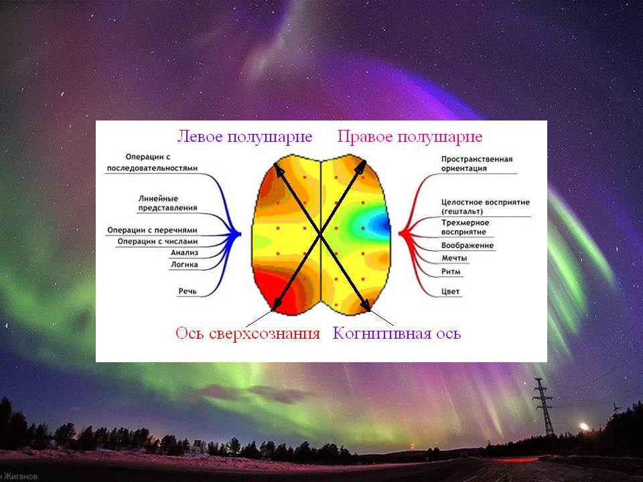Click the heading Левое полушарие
245,137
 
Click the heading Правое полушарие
410,137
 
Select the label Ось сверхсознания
247,333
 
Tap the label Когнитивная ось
397,333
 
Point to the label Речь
188,291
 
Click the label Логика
185,265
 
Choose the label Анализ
185,253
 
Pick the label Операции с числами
157,242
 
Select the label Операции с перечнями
152,230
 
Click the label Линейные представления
167,204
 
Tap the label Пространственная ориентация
477,163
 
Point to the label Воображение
468,246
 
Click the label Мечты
454,258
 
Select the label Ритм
451,271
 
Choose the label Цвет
450,292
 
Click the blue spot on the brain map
378,225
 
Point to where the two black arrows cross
320,235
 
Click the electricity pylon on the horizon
544,406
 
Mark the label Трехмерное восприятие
465,228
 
